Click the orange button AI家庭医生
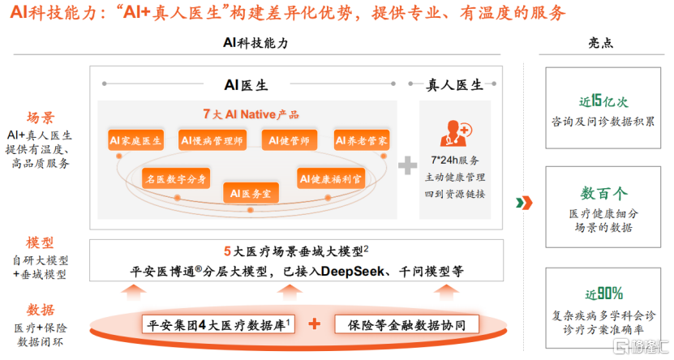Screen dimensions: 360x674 pyautogui.click(x=136, y=140)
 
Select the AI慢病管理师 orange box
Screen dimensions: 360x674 pyautogui.click(x=213, y=140)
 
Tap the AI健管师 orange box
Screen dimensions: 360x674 pyautogui.click(x=290, y=140)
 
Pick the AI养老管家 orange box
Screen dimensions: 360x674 pyautogui.click(x=363, y=140)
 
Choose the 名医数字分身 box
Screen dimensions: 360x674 pyautogui.click(x=176, y=178)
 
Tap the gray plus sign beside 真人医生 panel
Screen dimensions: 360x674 pyautogui.click(x=406, y=165)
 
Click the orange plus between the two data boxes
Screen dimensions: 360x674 pyautogui.click(x=315, y=324)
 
